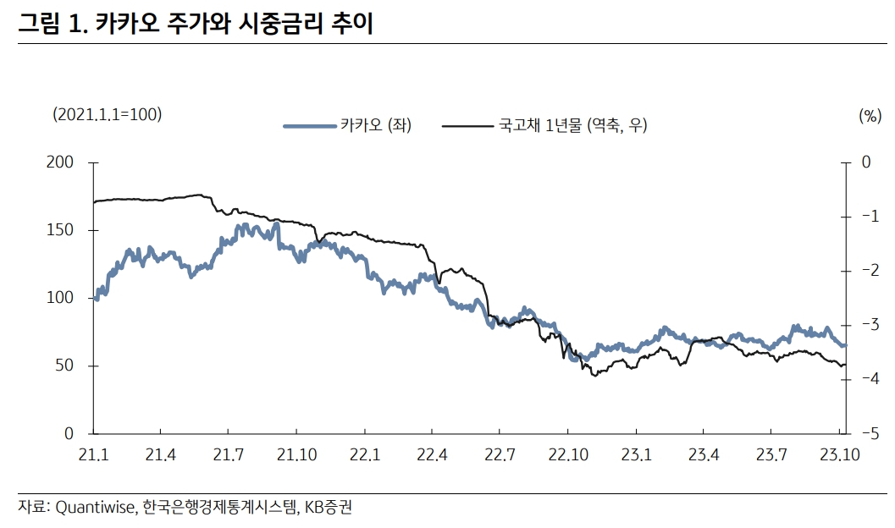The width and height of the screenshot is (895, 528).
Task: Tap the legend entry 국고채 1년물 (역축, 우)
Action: [x=572, y=126]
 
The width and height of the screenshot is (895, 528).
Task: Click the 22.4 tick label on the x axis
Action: [x=432, y=455]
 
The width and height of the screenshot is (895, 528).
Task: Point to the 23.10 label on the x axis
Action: [x=839, y=455]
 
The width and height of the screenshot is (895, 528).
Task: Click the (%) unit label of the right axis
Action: [x=870, y=116]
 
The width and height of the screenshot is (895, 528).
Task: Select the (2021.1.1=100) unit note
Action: [x=107, y=113]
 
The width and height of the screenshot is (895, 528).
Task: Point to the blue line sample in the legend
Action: [x=308, y=126]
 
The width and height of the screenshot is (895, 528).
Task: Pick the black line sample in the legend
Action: [x=467, y=126]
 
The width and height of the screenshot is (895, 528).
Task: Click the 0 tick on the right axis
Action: [x=866, y=162]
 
